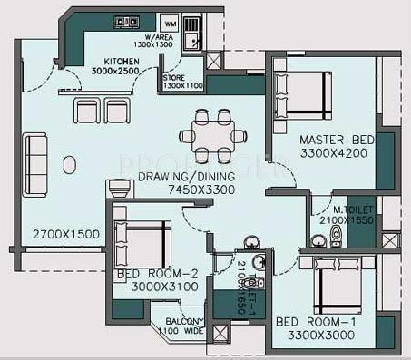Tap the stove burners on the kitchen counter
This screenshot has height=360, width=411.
click(x=128, y=22)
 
